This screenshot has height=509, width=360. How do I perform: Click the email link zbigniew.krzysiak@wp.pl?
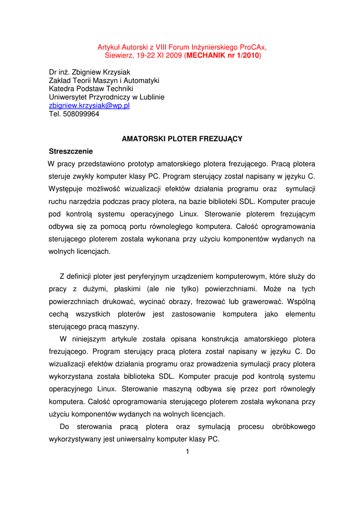click(89, 106)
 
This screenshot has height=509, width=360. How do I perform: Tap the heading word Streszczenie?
click(71, 151)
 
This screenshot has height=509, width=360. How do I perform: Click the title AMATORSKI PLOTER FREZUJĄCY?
click(182, 139)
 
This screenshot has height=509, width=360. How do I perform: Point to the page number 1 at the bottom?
click(187, 451)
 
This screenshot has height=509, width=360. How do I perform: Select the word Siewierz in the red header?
click(118, 56)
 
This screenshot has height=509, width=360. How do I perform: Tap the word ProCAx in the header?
click(251, 47)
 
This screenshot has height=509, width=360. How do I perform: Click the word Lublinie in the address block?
click(150, 97)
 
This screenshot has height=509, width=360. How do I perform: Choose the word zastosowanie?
click(193, 314)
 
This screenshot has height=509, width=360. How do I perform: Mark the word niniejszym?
click(91, 339)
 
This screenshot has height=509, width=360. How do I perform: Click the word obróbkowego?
click(293, 426)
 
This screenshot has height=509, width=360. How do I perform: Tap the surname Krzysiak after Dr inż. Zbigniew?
click(115, 72)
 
